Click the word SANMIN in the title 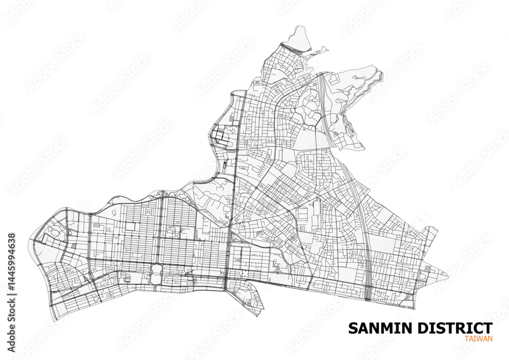pyautogui.click(x=379, y=328)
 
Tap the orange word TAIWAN pyautogui.click(x=478, y=339)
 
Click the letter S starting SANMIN pyautogui.click(x=353, y=328)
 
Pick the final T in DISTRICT pyautogui.click(x=488, y=328)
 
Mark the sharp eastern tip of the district pyautogui.click(x=448, y=277)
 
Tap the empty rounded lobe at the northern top pyautogui.click(x=298, y=38)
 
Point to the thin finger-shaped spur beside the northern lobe pyautogui.click(x=321, y=50)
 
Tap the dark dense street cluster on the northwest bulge pyautogui.click(x=222, y=135)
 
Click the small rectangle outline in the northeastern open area pyautogui.click(x=333, y=80)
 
